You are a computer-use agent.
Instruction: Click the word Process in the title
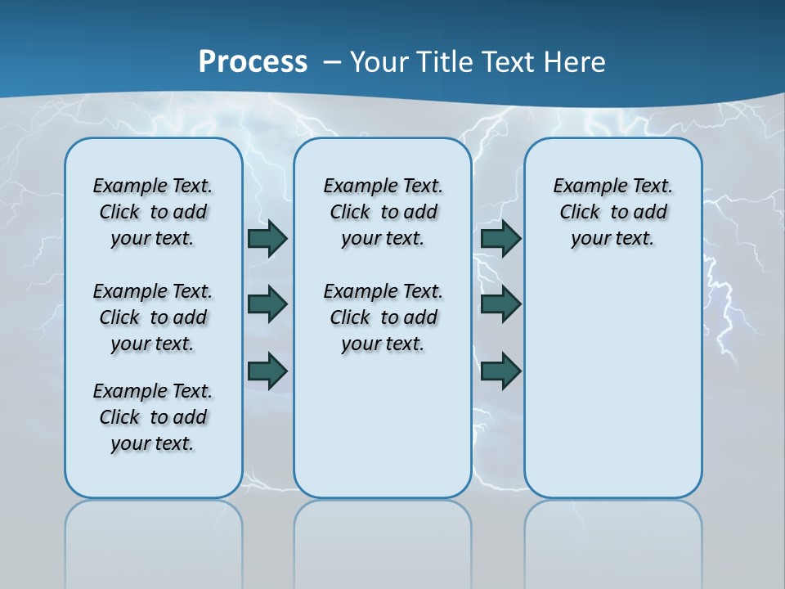[x=253, y=61]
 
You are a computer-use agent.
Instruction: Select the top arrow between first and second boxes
[x=267, y=238]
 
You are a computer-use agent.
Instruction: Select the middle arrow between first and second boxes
[x=267, y=304]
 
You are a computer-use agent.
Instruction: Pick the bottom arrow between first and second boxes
[x=267, y=371]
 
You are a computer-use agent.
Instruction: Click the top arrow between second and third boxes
[x=500, y=238]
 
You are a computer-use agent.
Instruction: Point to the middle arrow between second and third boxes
[x=500, y=304]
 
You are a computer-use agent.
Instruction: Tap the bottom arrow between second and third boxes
[x=500, y=371]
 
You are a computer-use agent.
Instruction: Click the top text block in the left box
[x=153, y=212]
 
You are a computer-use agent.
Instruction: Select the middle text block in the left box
[x=153, y=317]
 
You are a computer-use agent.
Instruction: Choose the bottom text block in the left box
[x=153, y=417]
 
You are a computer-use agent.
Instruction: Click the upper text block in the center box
[x=383, y=212]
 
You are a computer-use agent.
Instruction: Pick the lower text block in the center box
[x=383, y=317]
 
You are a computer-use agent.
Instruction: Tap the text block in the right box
[x=612, y=212]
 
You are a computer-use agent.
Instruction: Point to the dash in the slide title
[x=332, y=62]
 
